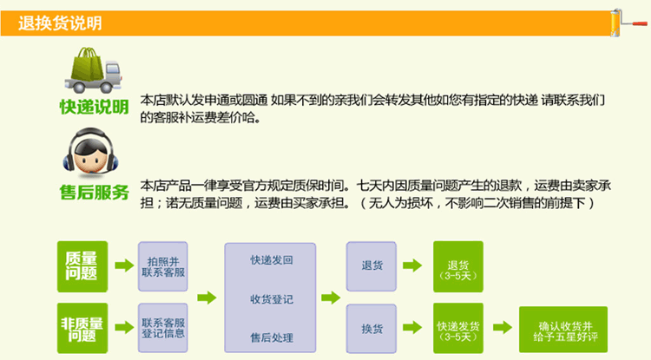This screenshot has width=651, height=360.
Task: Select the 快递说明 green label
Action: point(94,108)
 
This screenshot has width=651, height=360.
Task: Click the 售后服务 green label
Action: point(94,193)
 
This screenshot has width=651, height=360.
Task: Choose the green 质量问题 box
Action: point(83,265)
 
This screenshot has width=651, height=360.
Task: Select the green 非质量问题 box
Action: point(83,329)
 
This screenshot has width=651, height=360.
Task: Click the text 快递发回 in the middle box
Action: point(271,260)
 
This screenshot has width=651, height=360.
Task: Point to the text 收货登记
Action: point(271,299)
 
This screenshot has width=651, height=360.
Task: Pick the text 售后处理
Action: point(271,337)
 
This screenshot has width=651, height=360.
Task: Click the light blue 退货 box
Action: point(372,265)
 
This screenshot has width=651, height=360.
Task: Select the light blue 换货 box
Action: point(372,329)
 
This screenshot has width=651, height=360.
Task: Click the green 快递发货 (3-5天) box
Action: point(457,330)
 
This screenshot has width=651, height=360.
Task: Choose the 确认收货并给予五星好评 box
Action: point(563,330)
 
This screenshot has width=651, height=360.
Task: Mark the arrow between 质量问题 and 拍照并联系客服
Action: point(122,266)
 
